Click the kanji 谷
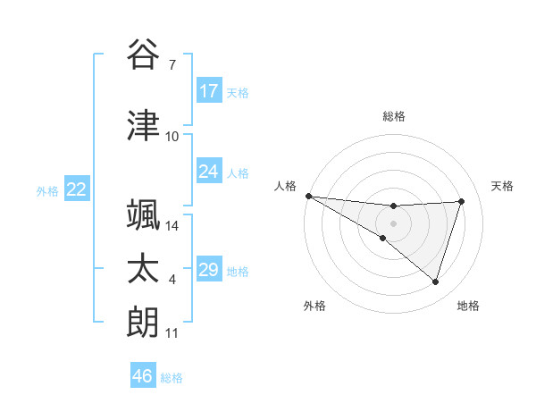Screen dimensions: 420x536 [144, 55]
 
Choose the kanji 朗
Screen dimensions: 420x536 [144, 323]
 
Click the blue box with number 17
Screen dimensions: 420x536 [209, 91]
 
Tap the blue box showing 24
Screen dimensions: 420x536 [209, 172]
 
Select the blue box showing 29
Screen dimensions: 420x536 [209, 270]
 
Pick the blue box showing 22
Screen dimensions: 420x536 [77, 189]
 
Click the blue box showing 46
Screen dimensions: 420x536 [143, 376]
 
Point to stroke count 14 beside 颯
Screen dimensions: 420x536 [173, 225]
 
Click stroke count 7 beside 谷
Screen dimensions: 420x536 [172, 65]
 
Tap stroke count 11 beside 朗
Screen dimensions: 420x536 [172, 333]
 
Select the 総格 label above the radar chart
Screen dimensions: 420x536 [394, 116]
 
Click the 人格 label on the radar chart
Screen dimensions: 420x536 [285, 186]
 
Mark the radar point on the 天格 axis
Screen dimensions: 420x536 [462, 201]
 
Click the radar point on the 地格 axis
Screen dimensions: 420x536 [435, 282]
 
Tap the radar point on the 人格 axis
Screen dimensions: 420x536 [308, 196]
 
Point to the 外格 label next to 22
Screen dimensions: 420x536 [47, 190]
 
